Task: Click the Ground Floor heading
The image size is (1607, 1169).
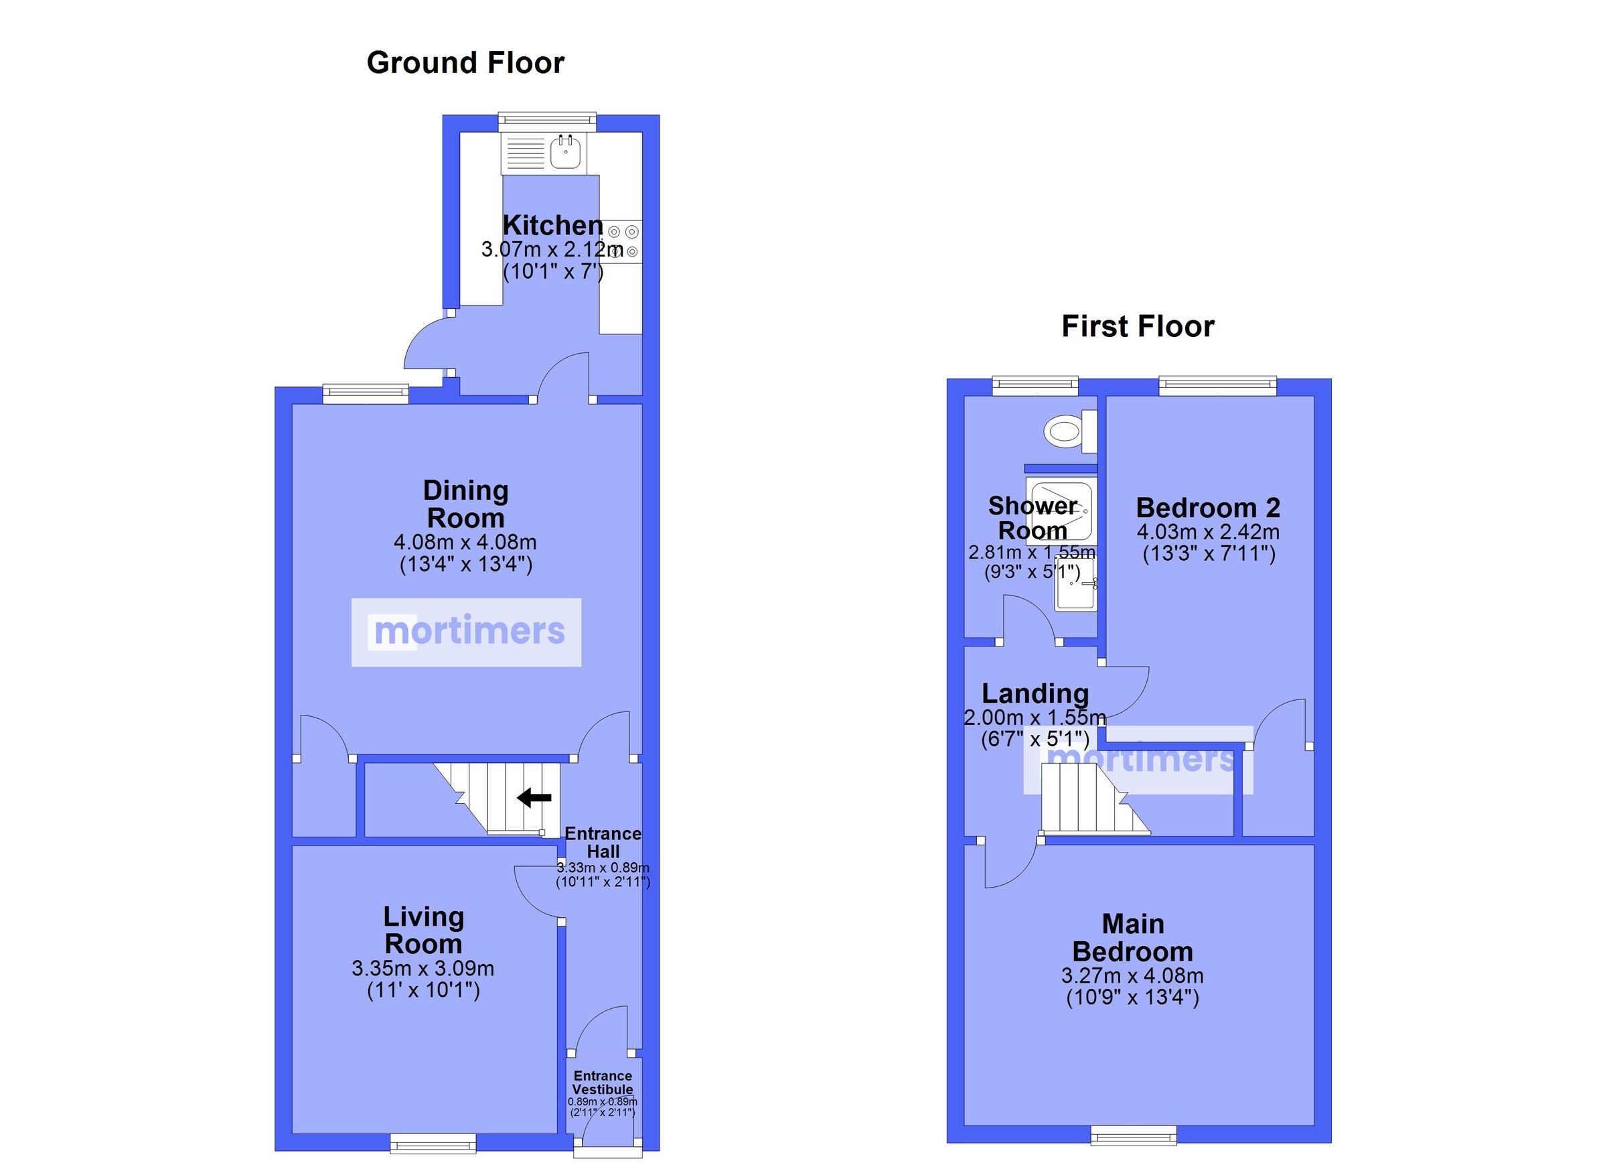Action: [465, 62]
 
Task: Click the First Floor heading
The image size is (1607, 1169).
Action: [1137, 326]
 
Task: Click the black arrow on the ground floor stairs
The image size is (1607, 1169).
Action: [534, 799]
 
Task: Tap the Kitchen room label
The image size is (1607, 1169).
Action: [552, 226]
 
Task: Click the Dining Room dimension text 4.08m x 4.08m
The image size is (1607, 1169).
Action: [465, 543]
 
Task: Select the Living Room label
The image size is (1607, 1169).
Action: [423, 930]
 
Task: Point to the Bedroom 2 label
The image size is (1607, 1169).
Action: [1208, 508]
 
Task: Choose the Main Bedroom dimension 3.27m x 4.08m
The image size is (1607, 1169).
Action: [1132, 975]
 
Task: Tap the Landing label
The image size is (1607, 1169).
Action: [1035, 693]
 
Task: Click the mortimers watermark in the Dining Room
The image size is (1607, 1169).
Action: [467, 632]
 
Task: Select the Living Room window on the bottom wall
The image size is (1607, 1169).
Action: [433, 1143]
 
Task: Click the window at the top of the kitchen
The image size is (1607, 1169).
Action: [546, 121]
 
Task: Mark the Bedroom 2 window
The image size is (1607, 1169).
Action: [1217, 387]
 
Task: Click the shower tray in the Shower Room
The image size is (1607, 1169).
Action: [1060, 510]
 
